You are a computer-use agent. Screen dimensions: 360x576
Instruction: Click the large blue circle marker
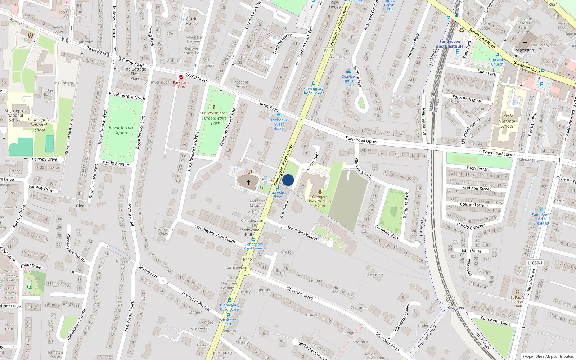point(288,180)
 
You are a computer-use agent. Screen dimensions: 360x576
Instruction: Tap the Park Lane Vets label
point(181,85)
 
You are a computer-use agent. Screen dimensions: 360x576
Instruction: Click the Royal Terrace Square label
point(121,130)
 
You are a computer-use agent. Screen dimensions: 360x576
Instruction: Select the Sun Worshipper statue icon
point(214,108)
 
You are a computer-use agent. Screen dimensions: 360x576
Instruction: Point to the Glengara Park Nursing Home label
point(320,201)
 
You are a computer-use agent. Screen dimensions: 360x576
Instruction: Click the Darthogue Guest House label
point(279,124)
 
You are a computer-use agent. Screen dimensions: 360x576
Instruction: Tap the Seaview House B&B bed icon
point(348,72)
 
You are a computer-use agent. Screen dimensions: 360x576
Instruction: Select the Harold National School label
point(507,121)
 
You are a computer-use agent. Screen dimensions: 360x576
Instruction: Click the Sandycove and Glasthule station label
point(450,44)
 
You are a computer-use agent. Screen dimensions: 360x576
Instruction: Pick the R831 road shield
point(553,4)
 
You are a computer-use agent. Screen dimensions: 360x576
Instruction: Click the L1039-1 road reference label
point(535,263)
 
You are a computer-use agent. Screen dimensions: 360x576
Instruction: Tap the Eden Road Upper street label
point(361,140)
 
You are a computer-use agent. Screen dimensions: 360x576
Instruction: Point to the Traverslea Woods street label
point(302,233)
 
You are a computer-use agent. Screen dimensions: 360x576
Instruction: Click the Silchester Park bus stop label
point(228,322)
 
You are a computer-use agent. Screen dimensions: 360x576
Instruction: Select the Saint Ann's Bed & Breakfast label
point(541,219)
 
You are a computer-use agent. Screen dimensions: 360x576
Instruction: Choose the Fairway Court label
point(10,277)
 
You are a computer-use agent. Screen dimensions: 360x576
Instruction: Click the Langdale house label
point(375,274)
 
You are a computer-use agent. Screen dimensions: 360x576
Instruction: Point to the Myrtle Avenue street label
point(115,163)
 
